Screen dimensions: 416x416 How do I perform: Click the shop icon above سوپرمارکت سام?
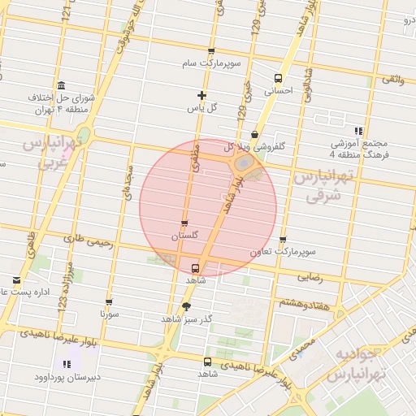(211, 50)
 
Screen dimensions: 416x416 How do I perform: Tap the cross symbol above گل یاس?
(201, 95)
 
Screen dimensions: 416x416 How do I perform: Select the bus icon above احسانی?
(279, 79)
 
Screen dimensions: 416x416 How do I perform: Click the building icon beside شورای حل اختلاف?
(62, 86)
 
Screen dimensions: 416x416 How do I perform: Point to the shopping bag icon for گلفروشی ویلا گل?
(255, 134)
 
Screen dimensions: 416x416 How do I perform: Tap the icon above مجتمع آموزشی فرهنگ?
(358, 131)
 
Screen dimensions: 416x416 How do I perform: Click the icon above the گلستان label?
(184, 223)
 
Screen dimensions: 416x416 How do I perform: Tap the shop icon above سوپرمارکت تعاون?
(283, 240)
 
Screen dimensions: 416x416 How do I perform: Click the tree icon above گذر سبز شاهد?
(186, 306)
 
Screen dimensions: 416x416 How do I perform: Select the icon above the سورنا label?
(109, 302)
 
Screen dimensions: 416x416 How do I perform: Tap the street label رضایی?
(310, 277)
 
